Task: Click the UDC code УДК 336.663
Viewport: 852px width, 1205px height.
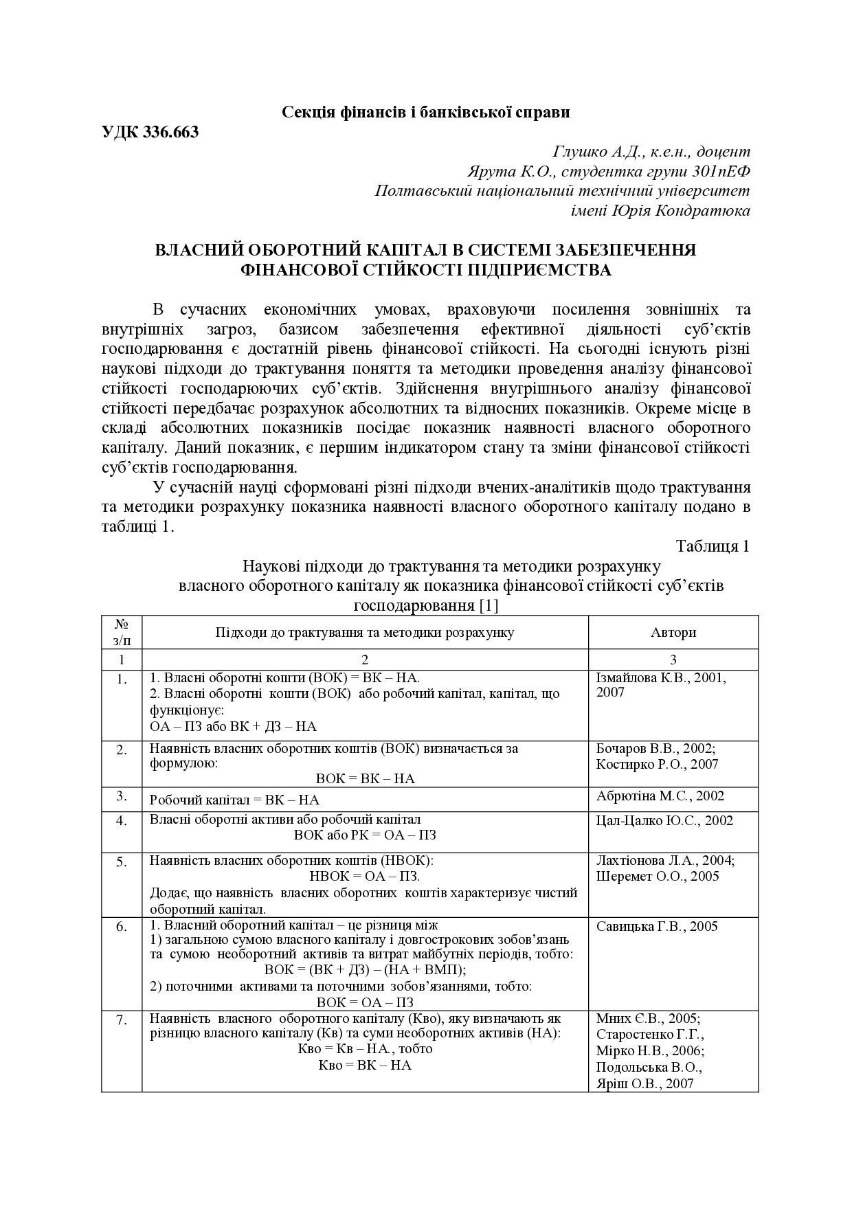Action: click(x=150, y=132)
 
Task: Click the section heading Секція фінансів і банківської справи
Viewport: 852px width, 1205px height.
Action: click(x=426, y=112)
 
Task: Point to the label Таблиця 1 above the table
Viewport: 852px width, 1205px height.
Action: click(x=713, y=546)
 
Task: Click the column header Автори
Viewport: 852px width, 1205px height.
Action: click(x=673, y=632)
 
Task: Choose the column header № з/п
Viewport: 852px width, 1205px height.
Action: click(x=122, y=632)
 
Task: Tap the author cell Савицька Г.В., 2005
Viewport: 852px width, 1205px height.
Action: click(x=657, y=927)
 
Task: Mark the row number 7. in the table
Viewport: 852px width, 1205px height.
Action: click(x=122, y=1021)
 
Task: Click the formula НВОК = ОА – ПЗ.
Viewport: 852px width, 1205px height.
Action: click(x=365, y=877)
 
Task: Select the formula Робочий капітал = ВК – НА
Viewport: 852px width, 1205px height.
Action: click(x=234, y=800)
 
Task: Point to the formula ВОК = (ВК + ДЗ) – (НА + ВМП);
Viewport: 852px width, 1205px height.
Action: click(x=365, y=970)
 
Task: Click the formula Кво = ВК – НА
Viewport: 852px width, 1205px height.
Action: click(x=365, y=1066)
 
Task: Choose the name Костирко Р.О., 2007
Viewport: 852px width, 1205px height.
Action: click(x=657, y=764)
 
